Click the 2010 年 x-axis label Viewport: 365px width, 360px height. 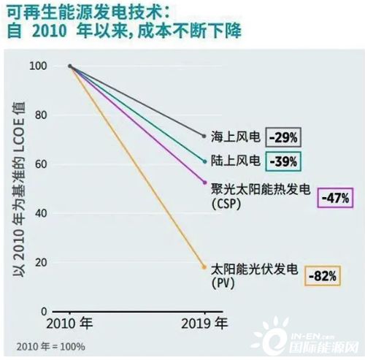click(71, 323)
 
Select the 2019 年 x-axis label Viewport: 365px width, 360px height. click(205, 323)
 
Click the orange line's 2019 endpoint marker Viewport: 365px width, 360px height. click(204, 267)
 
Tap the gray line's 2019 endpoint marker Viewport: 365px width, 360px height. click(204, 136)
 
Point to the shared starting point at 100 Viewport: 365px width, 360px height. click(70, 66)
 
